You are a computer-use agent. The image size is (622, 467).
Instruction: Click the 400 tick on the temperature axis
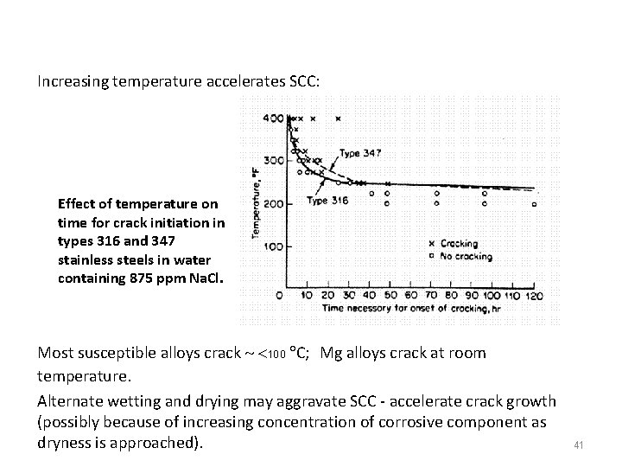(273, 118)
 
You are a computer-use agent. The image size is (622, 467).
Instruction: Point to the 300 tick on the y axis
(273, 161)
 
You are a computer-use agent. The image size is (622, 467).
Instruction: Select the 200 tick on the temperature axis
(273, 204)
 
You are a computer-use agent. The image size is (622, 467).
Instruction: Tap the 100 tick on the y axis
(273, 246)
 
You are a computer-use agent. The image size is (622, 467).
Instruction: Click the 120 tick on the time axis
(534, 296)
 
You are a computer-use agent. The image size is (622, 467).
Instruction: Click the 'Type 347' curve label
(359, 153)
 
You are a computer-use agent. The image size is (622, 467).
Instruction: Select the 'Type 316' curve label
(327, 201)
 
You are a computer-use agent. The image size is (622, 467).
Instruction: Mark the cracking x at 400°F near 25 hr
(338, 118)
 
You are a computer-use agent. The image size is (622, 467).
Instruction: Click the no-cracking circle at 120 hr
(534, 204)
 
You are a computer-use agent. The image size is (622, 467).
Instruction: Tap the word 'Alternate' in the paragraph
(71, 401)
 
